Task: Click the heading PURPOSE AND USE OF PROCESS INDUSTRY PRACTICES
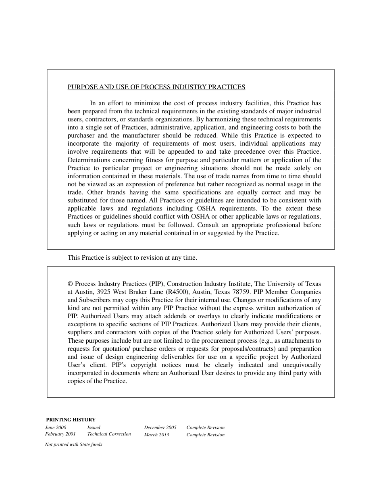[x=156, y=87]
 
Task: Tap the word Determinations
[x=88, y=160]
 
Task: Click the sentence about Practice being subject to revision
[x=132, y=258]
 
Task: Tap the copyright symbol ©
[x=70, y=284]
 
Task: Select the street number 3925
[x=103, y=292]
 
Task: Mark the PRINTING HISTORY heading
[x=71, y=420]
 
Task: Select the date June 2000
[x=56, y=427]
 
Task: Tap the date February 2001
[x=60, y=434]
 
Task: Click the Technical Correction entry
[x=109, y=434]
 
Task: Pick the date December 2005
[x=160, y=427]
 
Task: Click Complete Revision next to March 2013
[x=205, y=435]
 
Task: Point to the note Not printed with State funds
[x=73, y=445]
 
